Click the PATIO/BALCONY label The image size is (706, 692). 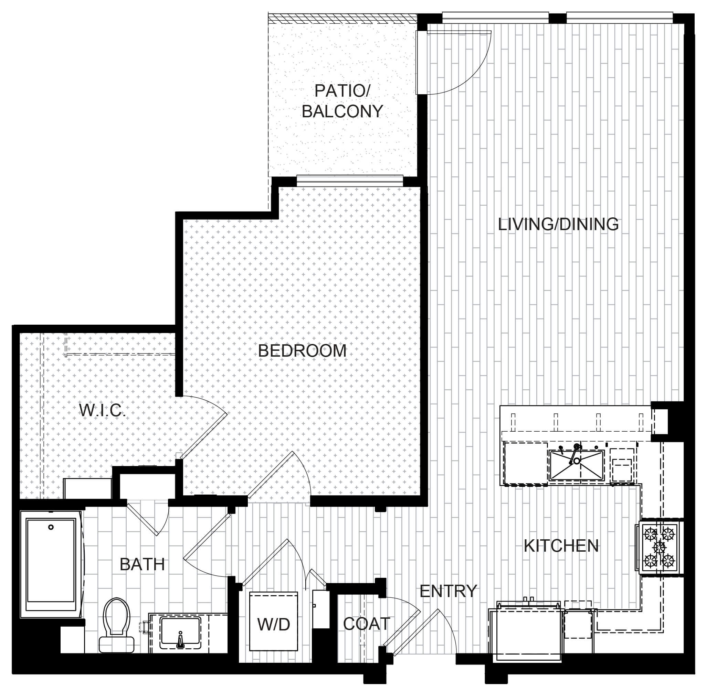click(x=342, y=101)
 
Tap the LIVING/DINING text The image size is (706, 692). click(x=558, y=224)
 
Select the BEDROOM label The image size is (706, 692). click(x=302, y=351)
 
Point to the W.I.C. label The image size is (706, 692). click(x=102, y=410)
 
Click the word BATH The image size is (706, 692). click(x=142, y=564)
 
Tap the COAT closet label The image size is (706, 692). click(x=366, y=624)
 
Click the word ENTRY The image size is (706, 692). click(x=448, y=591)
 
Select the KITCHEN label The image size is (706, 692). click(x=561, y=546)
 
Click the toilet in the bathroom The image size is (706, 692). click(x=116, y=625)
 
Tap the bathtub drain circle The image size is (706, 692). click(x=51, y=527)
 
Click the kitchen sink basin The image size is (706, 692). click(x=577, y=465)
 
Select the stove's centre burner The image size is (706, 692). click(x=659, y=547)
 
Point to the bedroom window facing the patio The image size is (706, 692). click(x=350, y=181)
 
